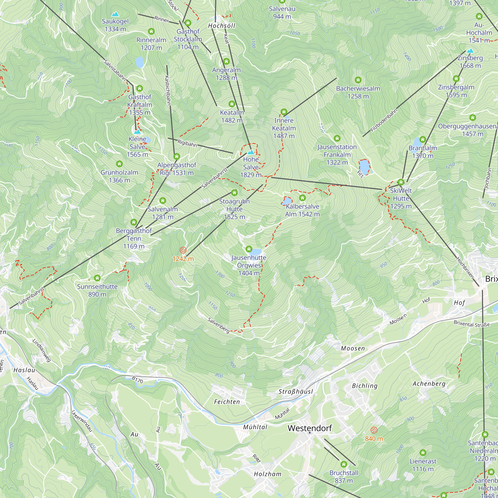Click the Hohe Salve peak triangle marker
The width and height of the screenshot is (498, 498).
click(250, 152)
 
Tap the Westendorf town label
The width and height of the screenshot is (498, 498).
click(310, 428)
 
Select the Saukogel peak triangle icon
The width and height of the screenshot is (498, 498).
click(115, 14)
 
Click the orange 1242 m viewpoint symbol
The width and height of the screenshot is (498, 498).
click(183, 250)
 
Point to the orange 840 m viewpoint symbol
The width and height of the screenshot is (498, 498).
click(374, 430)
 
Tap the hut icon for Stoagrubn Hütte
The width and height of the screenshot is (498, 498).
click(234, 192)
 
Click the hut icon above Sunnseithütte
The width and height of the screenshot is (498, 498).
click(97, 278)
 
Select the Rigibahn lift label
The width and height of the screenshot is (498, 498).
click(187, 143)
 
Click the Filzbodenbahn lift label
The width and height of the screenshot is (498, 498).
click(384, 121)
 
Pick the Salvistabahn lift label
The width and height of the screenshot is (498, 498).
click(115, 70)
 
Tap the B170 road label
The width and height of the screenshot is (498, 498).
click(137, 379)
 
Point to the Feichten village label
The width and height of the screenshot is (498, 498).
click(227, 402)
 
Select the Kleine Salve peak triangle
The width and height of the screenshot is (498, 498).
click(137, 132)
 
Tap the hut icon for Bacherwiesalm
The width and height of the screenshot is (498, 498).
click(358, 80)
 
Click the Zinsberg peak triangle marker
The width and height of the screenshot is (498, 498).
click(470, 51)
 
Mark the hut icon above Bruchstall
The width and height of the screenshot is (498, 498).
click(344, 464)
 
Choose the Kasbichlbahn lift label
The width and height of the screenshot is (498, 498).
click(168, 90)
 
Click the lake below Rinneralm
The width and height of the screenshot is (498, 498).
click(139, 62)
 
